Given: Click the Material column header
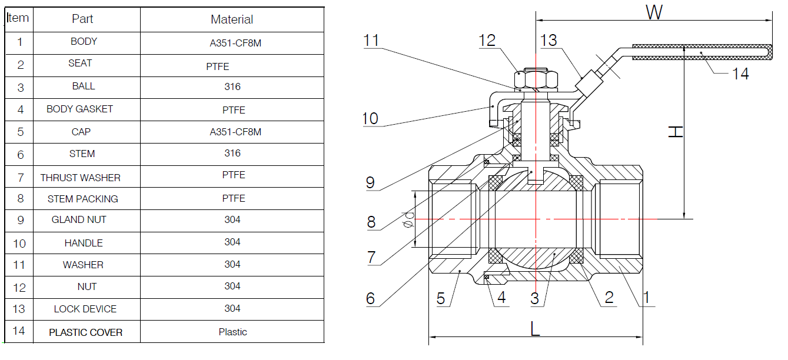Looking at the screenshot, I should [232, 19].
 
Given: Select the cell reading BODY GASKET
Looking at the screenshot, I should [79, 109].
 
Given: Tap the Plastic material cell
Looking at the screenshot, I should [232, 332].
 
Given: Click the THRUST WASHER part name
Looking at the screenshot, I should [80, 177].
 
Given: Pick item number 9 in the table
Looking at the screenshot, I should [20, 220].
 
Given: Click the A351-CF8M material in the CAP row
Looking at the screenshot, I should [235, 132].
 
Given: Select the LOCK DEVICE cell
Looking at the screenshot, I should [85, 309].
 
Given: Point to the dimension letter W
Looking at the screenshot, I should [654, 12].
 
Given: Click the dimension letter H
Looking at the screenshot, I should [676, 132].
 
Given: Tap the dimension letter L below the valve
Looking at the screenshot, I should [534, 329].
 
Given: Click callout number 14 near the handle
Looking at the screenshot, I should [740, 73].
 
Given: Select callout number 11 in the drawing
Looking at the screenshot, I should [371, 40].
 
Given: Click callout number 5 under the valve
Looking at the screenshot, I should [441, 298].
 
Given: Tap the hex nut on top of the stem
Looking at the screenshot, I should [536, 79].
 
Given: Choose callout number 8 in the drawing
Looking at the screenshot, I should [371, 222].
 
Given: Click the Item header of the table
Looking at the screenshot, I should [18, 18].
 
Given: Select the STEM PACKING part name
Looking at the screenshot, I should [82, 199].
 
